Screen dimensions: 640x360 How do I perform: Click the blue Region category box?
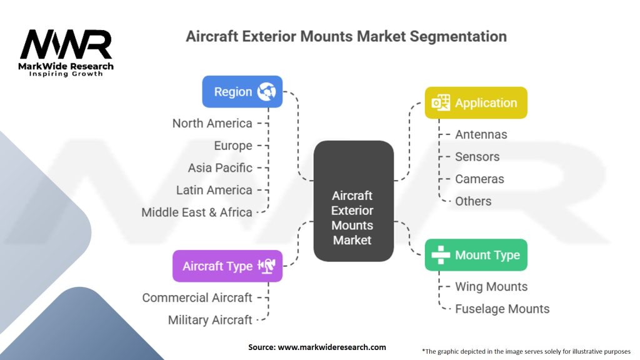[x=242, y=91]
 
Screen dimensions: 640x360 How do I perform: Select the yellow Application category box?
[x=476, y=102]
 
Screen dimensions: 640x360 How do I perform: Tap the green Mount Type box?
[x=476, y=255]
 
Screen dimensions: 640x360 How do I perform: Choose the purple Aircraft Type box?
[x=227, y=266]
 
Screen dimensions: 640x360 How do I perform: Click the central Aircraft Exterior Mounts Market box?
[x=354, y=201]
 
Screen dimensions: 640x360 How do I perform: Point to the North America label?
[x=212, y=123]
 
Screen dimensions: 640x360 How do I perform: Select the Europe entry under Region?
[x=233, y=146]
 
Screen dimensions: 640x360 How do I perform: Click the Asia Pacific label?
[x=220, y=167]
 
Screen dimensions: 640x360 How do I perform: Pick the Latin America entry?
[x=214, y=190]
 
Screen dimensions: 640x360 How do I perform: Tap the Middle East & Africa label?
[x=197, y=212]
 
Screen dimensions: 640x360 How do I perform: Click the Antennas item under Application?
[x=481, y=134]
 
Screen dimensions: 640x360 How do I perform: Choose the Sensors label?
[x=477, y=157]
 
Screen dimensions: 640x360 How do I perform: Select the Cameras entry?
[x=479, y=179]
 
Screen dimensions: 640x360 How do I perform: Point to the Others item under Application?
[x=473, y=201]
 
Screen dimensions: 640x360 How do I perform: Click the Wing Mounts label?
[x=491, y=286]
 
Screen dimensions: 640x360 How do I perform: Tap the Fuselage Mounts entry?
[x=502, y=309]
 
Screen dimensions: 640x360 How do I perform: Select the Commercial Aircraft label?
[x=197, y=297]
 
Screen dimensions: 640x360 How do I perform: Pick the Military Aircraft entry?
[x=210, y=320]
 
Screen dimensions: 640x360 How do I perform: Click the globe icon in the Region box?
[x=266, y=91]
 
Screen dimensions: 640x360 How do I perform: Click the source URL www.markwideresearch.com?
[x=332, y=347]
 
